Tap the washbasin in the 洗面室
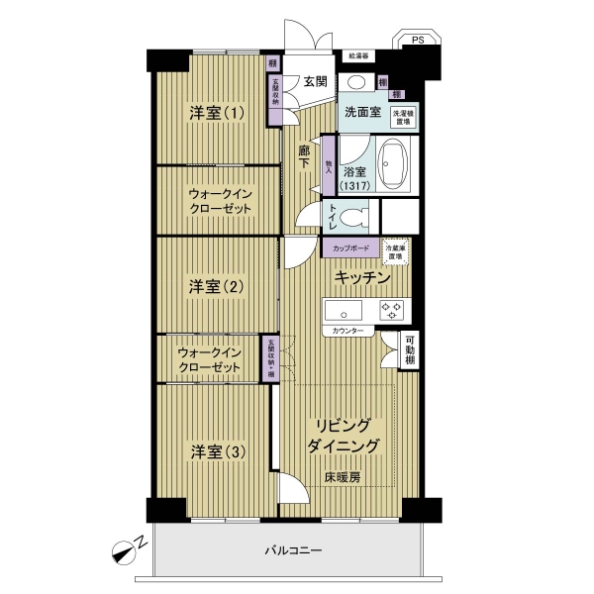click(x=356, y=83)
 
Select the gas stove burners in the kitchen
click(x=393, y=308)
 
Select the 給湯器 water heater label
click(x=357, y=57)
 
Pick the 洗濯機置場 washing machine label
click(x=403, y=115)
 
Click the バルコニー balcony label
click(x=293, y=549)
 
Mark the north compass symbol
click(x=127, y=547)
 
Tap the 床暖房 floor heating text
click(x=342, y=477)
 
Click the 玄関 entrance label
click(x=315, y=81)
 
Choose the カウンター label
click(x=346, y=330)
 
